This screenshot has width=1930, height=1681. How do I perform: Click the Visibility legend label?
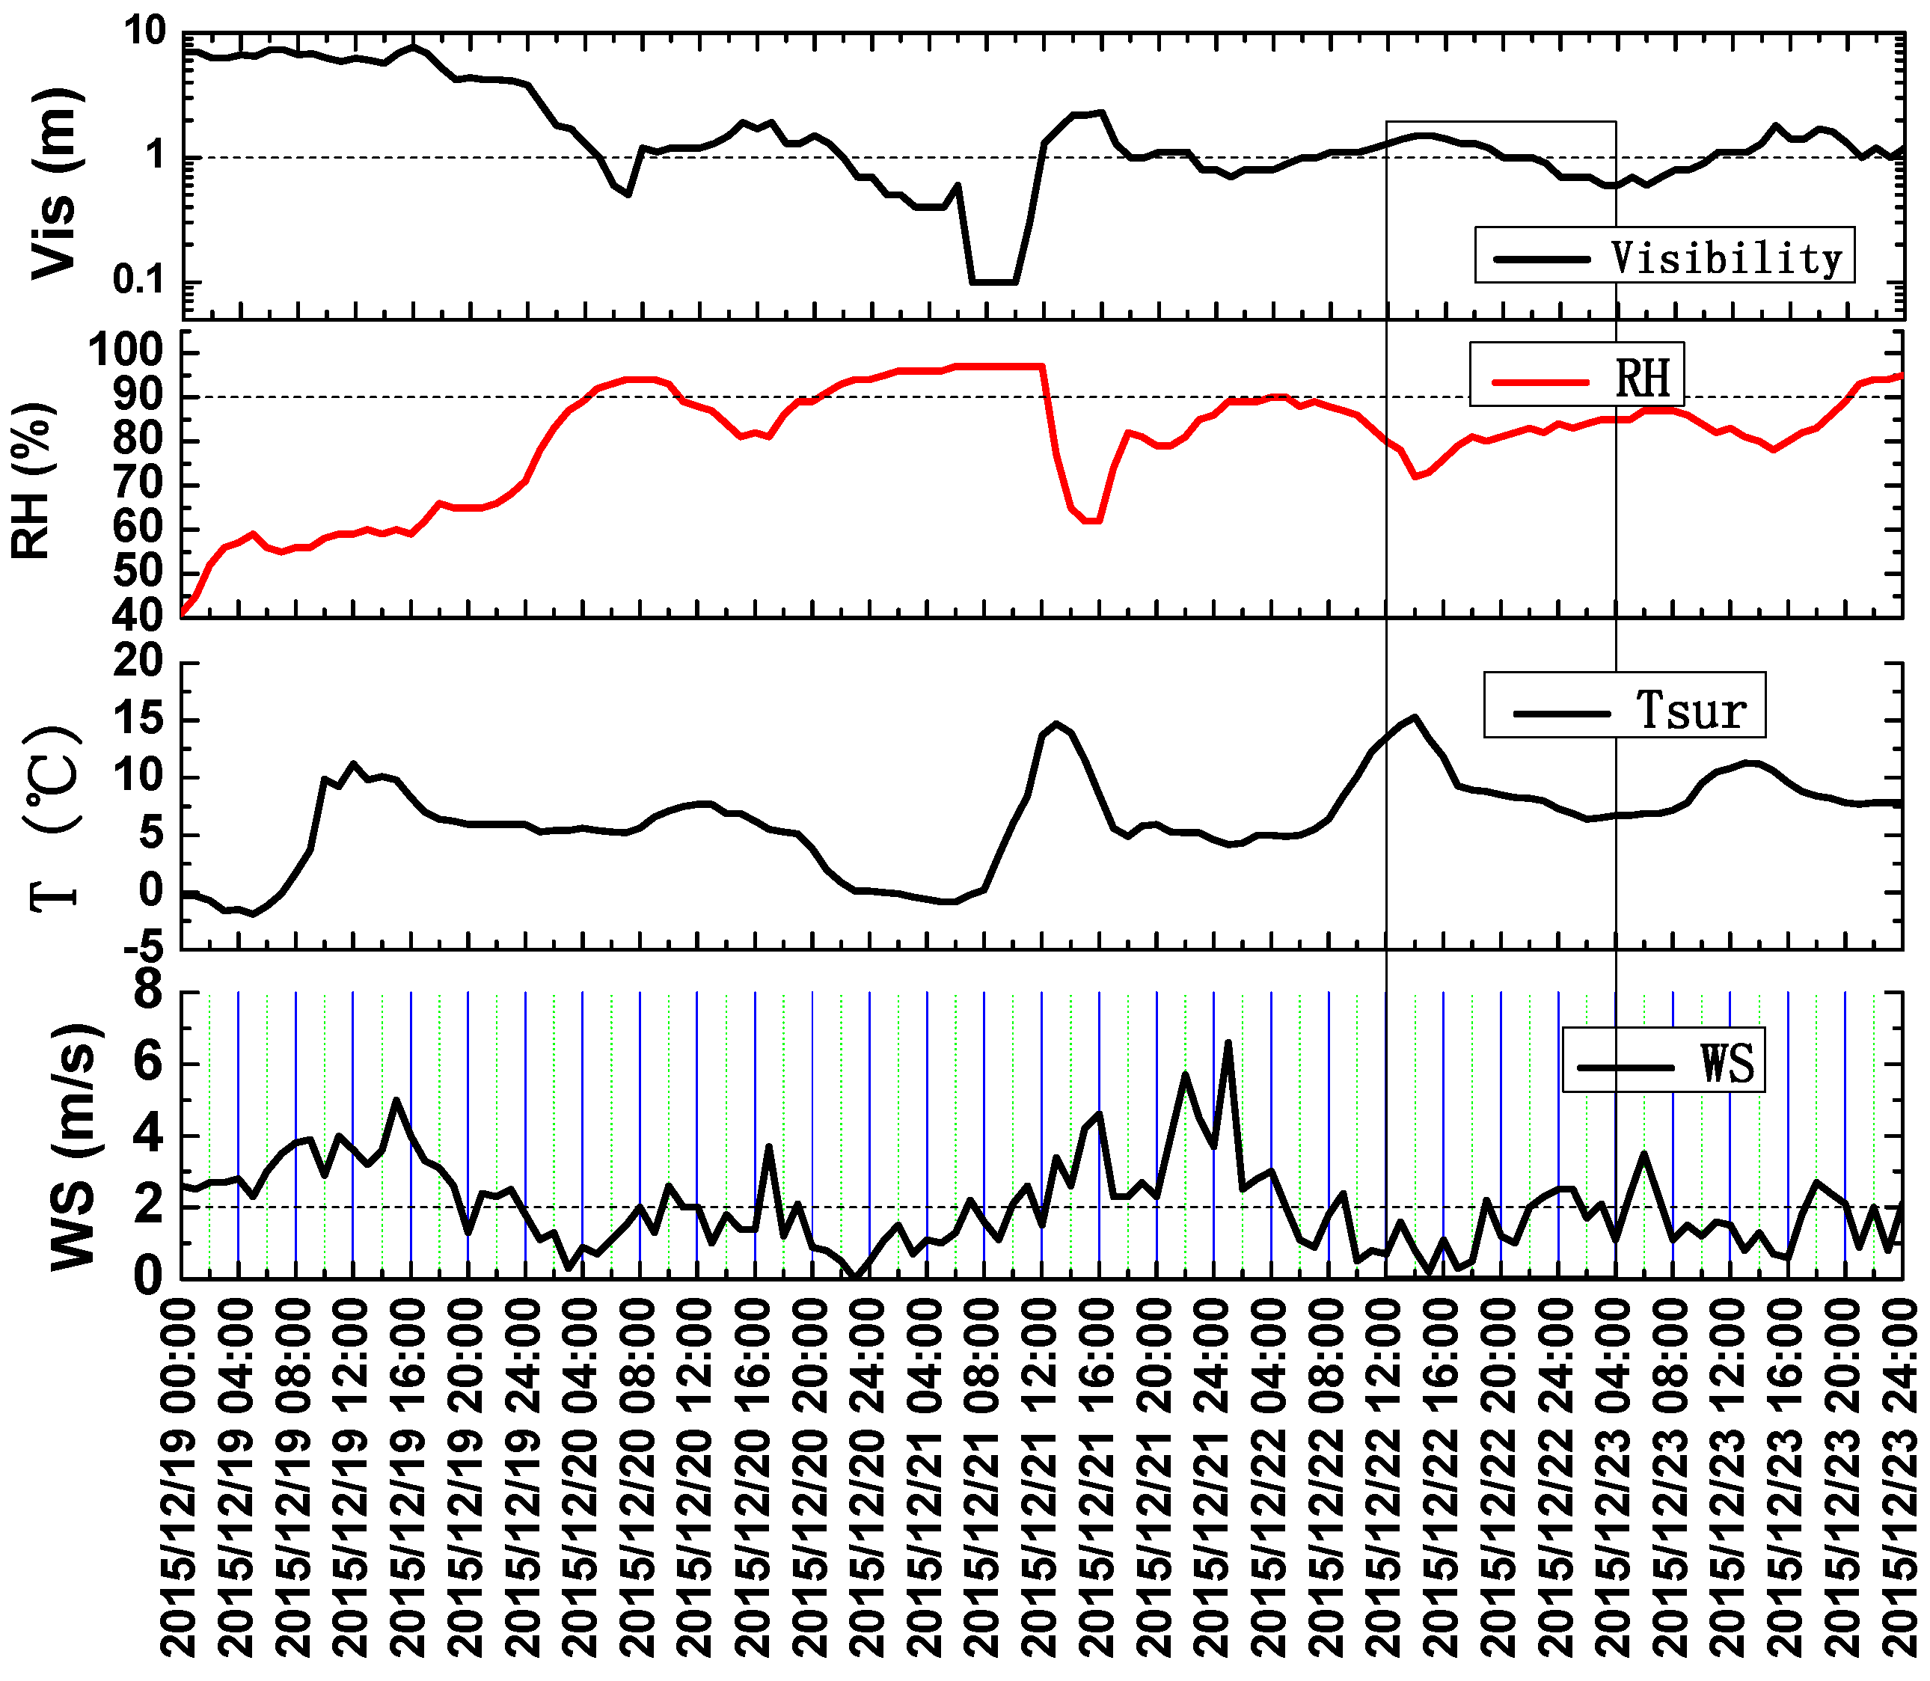(x=1727, y=257)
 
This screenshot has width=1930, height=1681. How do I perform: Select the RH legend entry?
(x=1642, y=378)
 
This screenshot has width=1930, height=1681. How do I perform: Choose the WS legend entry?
(x=1727, y=1064)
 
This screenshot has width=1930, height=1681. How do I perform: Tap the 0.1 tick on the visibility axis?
(x=139, y=280)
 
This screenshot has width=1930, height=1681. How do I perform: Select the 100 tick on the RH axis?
(x=126, y=352)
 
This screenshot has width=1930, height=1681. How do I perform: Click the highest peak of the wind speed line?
(x=1228, y=1042)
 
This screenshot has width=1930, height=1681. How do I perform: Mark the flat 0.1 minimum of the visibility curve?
(x=994, y=281)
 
